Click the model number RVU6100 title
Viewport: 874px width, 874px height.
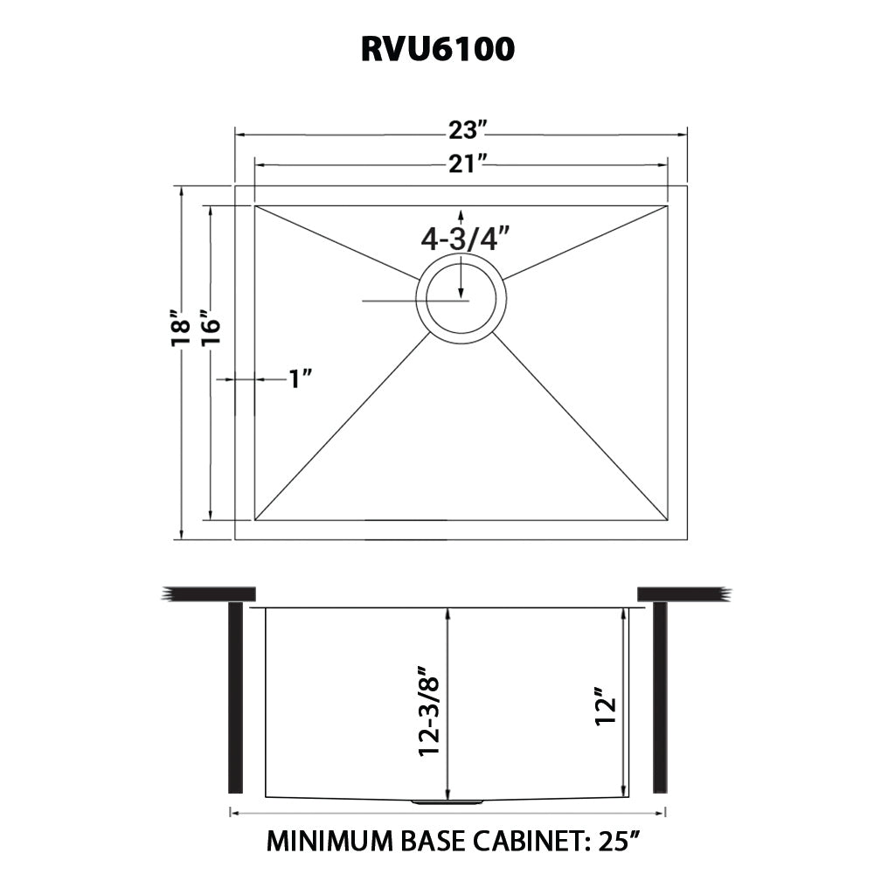pos(438,50)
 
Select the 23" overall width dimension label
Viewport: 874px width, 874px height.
pos(468,130)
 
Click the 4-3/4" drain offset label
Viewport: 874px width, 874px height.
pos(466,239)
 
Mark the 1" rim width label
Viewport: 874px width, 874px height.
pos(300,379)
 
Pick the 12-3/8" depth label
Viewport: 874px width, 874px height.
pos(430,710)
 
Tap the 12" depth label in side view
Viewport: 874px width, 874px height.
pos(606,706)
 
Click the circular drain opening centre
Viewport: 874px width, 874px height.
pos(461,299)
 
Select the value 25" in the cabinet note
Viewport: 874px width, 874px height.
pos(619,841)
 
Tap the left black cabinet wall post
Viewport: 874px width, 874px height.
pos(236,697)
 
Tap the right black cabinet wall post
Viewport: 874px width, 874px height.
pos(660,697)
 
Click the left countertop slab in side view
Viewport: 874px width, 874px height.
pos(209,594)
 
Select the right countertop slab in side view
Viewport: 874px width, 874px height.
pos(684,594)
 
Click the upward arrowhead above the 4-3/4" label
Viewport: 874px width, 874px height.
pos(461,215)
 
